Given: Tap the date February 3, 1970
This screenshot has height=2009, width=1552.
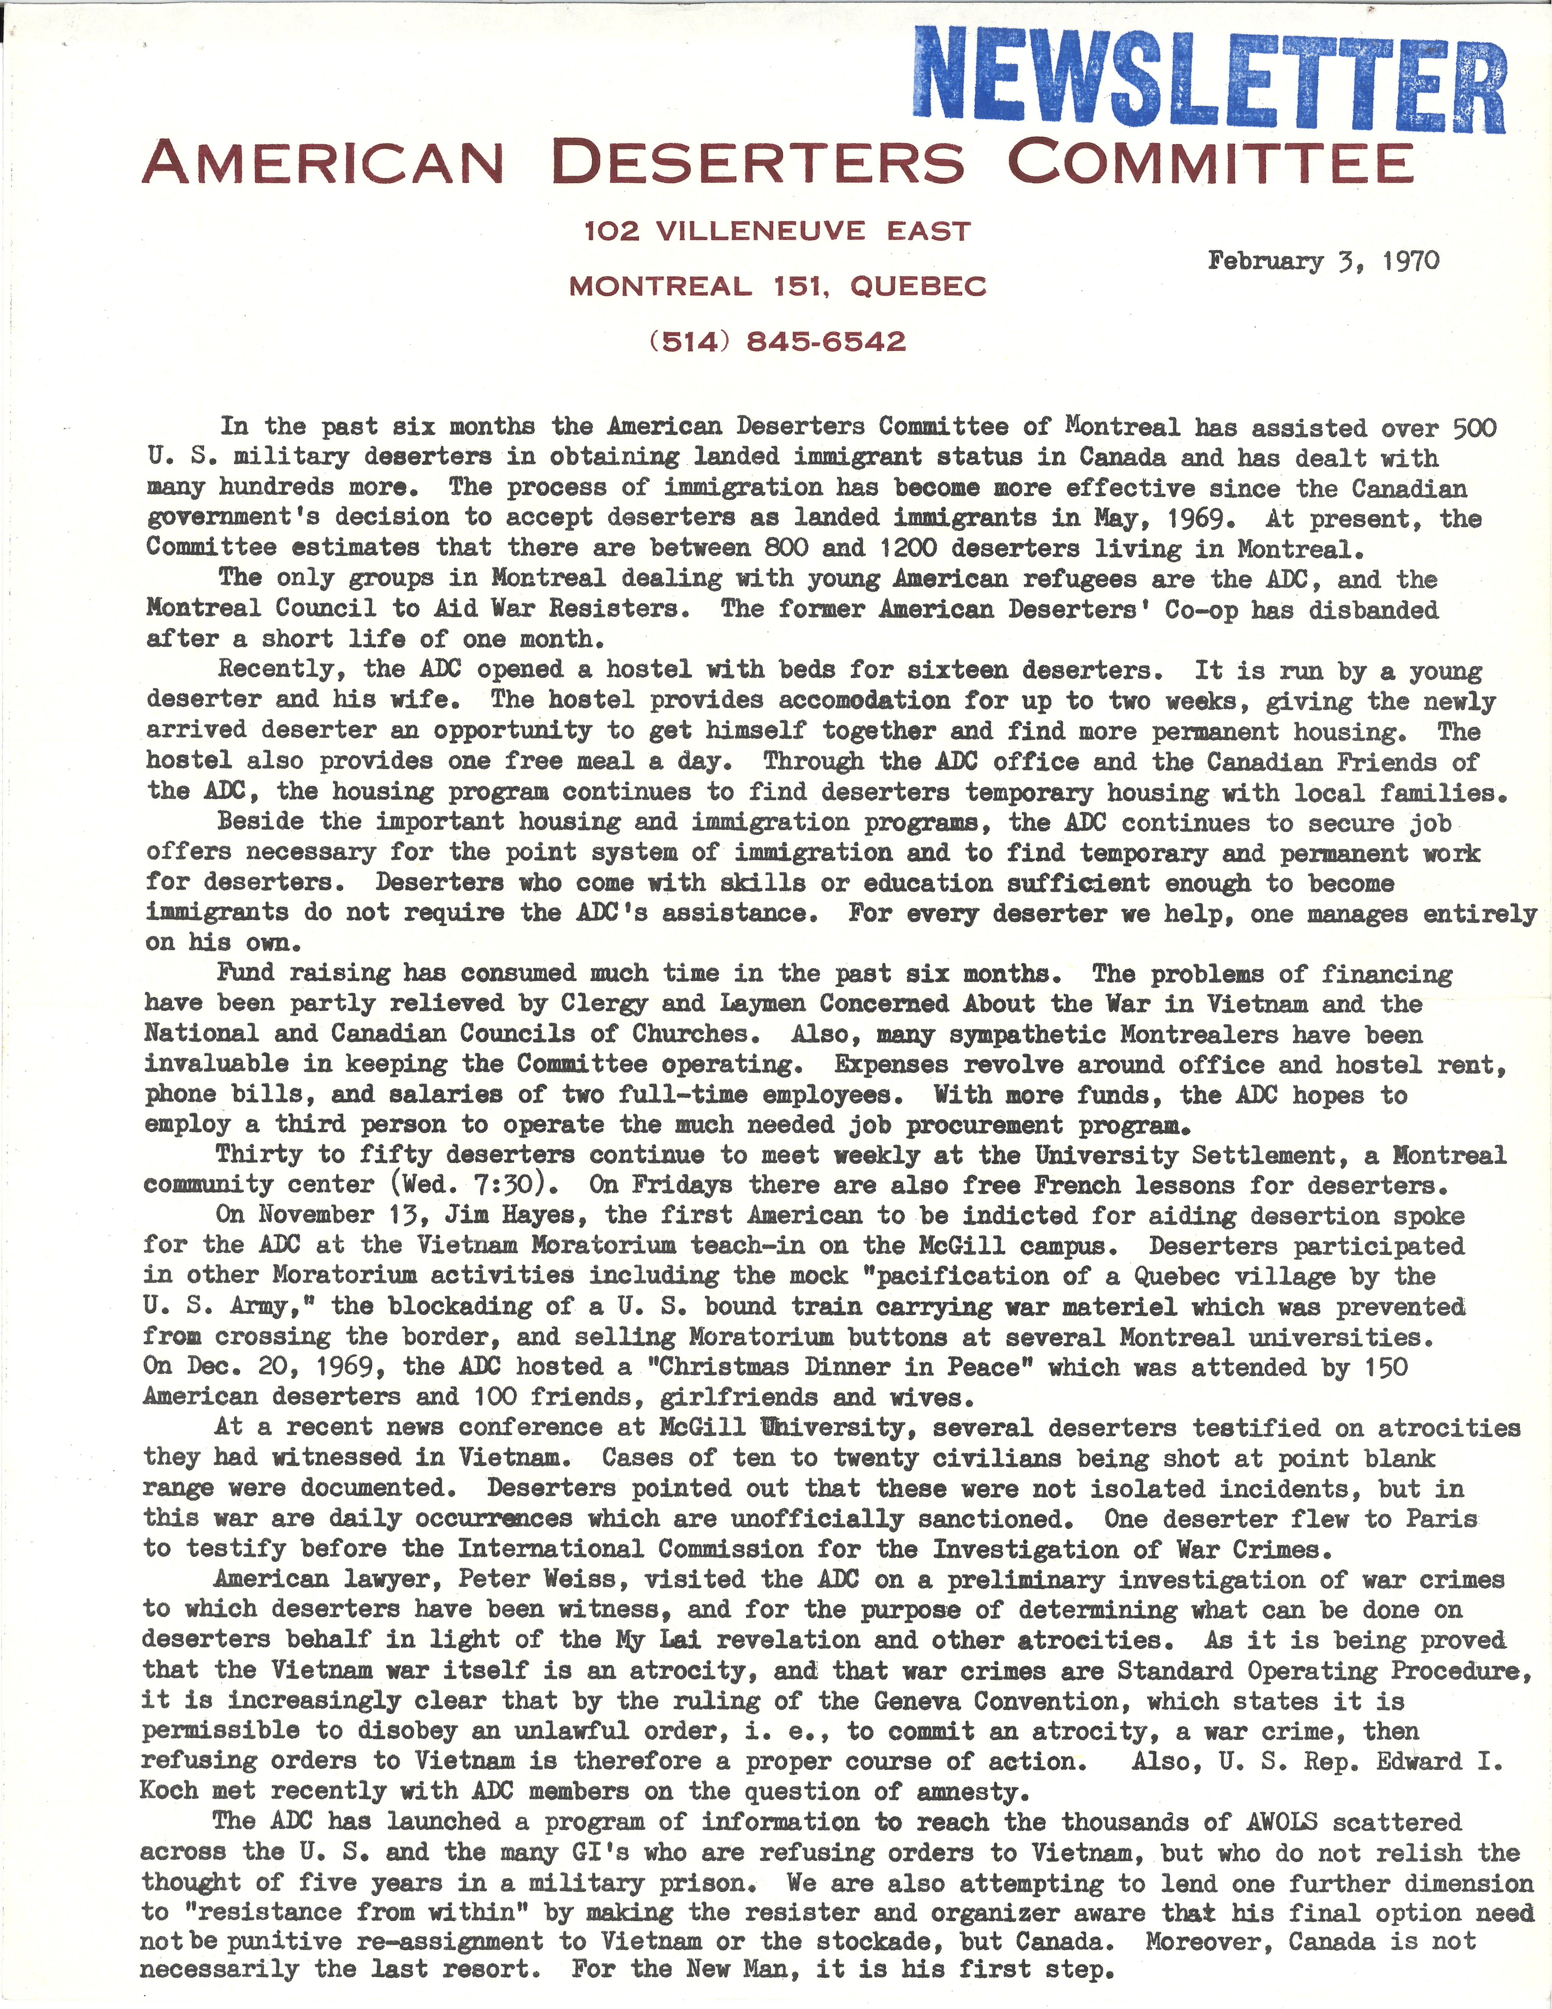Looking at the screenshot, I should coord(1324,261).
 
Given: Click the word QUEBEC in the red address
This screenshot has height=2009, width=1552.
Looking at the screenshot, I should coord(918,287).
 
